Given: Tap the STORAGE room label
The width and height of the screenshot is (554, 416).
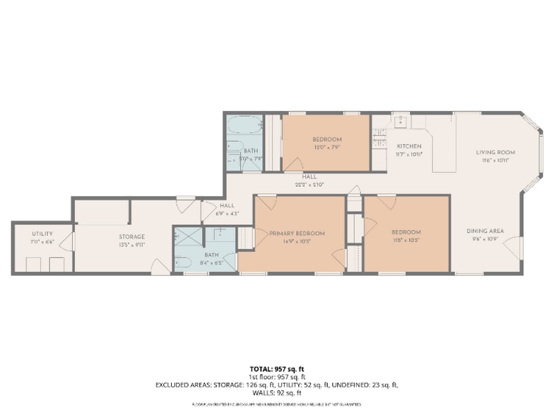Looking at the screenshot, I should tap(131, 236).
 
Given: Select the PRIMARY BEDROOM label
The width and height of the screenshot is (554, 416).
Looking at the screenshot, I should tap(297, 233).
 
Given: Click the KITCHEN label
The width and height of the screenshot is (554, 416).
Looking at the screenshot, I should tap(408, 146).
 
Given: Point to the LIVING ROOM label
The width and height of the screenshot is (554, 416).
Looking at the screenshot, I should tap(495, 152).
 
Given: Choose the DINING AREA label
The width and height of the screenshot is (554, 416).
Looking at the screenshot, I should tap(485, 231).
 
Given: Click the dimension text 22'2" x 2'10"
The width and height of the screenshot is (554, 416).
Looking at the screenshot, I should tap(309, 184).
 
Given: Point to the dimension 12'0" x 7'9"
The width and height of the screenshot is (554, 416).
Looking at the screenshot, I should tap(327, 147).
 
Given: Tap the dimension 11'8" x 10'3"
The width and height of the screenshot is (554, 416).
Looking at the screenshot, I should tap(406, 240).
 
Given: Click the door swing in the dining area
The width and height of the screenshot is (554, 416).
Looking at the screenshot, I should tap(513, 247).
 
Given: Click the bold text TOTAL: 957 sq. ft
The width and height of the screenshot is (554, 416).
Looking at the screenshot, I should tap(277, 369).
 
